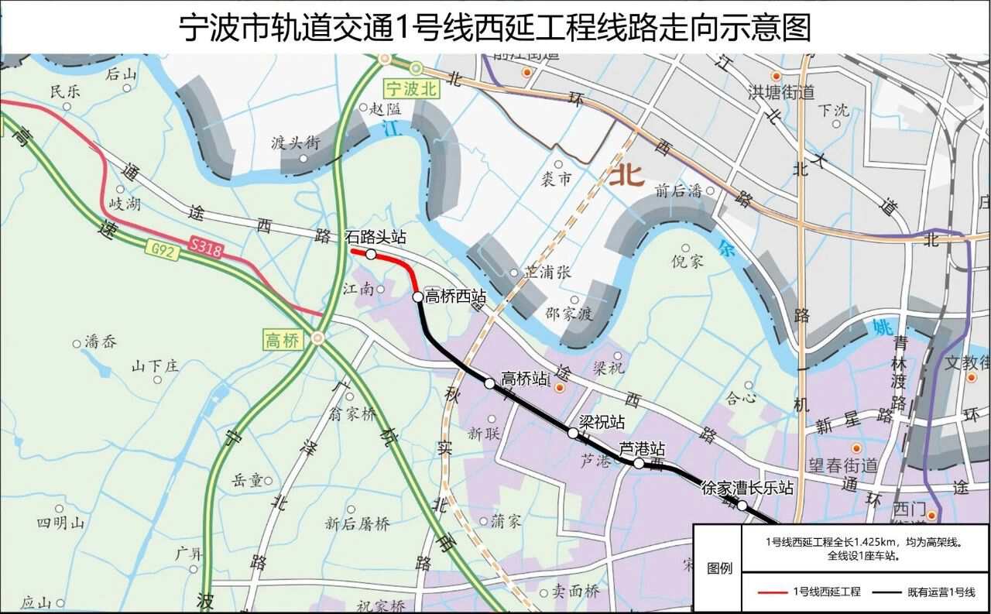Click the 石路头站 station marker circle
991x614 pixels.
tap(371, 254)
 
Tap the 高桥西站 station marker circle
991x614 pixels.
tap(417, 297)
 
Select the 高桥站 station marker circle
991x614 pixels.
tap(489, 382)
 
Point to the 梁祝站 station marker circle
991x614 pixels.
tap(573, 434)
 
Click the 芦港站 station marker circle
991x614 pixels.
tap(639, 464)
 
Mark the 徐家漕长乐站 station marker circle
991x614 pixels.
tap(742, 506)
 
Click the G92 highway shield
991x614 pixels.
tap(159, 249)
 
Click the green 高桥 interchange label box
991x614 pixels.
tap(282, 340)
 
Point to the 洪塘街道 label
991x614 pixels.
tap(781, 92)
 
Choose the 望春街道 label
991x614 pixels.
tap(843, 465)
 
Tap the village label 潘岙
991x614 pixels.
tap(101, 341)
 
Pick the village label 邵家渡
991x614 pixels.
tap(568, 314)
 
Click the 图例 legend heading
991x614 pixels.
tap(719, 568)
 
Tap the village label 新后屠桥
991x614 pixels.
tap(357, 523)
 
